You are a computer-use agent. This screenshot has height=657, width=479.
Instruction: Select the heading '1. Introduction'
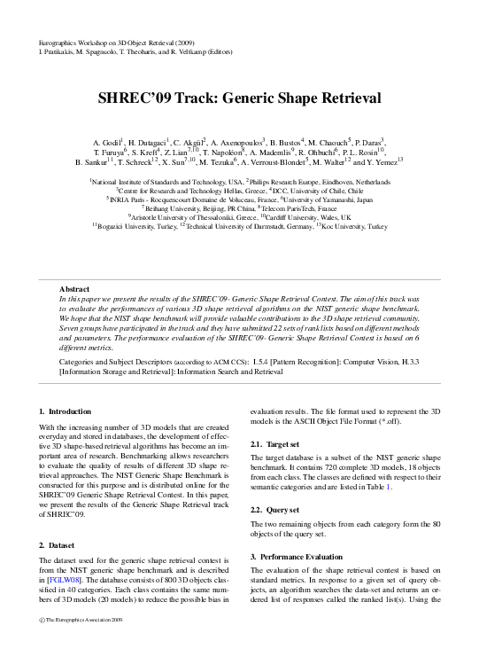coord(66,412)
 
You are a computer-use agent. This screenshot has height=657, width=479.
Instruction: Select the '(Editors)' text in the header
coord(249,51)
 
